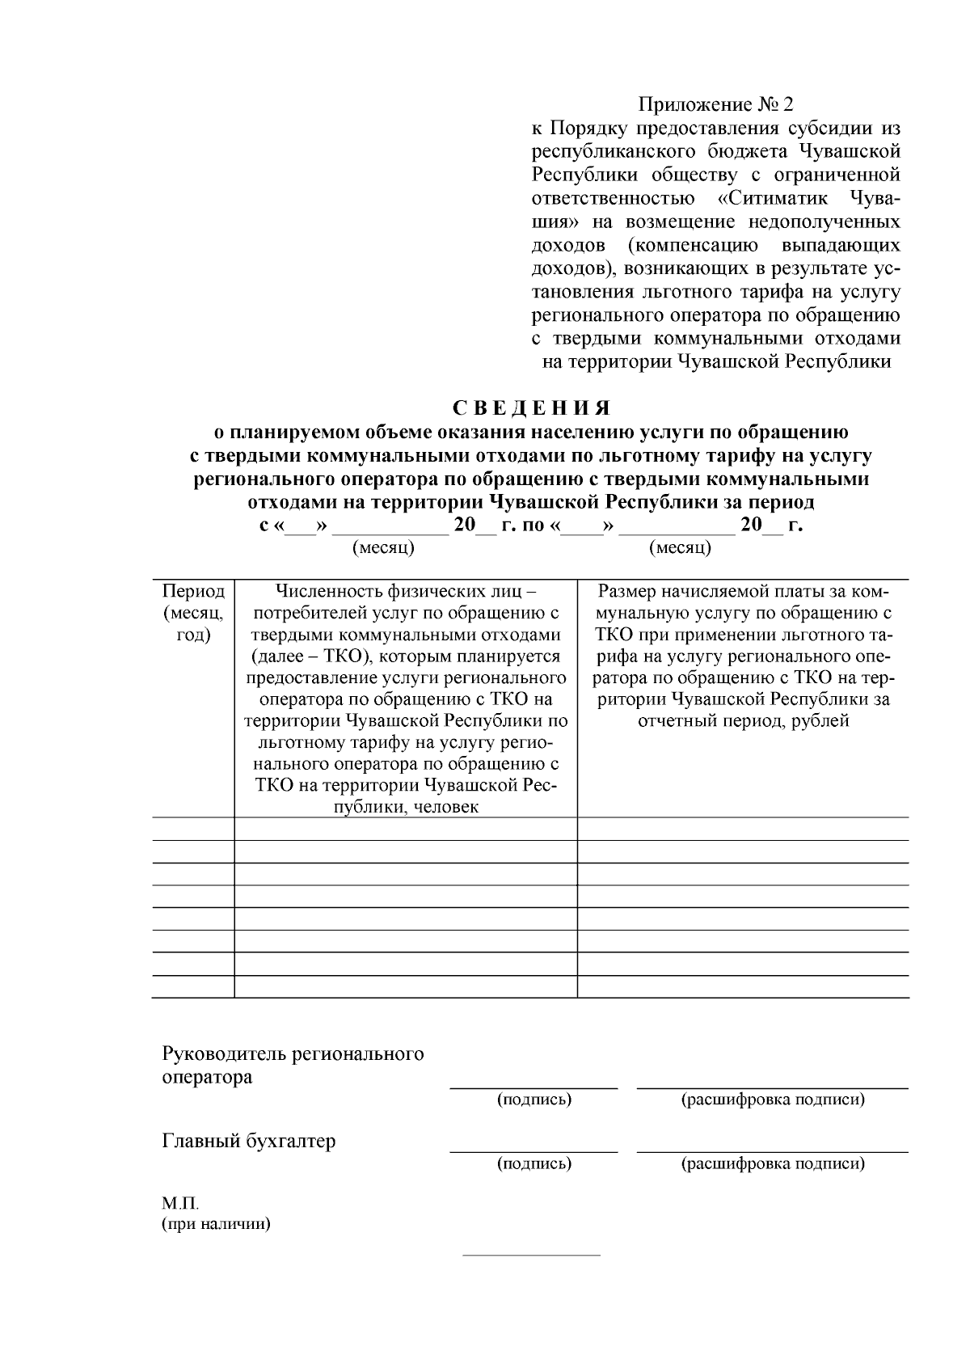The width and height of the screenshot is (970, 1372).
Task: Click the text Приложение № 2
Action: point(716,104)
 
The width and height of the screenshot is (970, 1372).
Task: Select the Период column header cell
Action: point(193,613)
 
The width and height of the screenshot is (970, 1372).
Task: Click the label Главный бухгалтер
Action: point(249,1141)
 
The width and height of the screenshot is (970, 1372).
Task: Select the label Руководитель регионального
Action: point(293,1053)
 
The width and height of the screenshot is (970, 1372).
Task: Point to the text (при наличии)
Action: point(217,1224)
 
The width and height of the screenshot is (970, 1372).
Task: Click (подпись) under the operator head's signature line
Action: point(533,1100)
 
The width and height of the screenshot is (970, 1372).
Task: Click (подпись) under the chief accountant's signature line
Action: point(533,1163)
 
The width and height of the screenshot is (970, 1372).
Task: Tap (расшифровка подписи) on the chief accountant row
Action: point(773,1163)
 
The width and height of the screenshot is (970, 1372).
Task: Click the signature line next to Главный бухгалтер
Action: point(533,1150)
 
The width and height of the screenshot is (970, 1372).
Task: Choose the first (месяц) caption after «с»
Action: point(384,548)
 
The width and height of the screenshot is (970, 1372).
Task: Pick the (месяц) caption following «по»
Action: point(680,548)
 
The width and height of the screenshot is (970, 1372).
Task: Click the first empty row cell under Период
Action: point(193,829)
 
